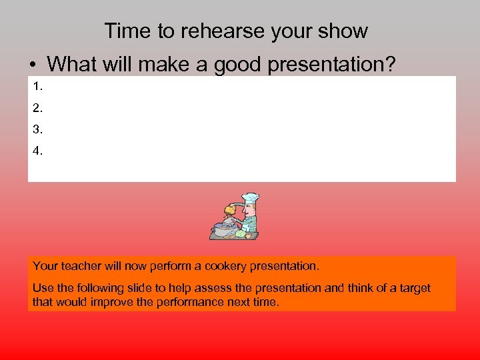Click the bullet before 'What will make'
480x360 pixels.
pos(32,65)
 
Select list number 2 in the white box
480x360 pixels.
pos(37,107)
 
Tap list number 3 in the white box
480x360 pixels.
pos(37,129)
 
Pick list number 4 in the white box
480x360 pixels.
pos(37,151)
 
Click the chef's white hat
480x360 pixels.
pos(251,198)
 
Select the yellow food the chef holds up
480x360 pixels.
pos(231,210)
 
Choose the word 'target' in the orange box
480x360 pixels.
pos(413,288)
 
